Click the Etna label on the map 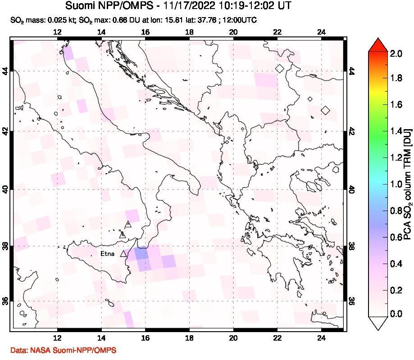[x=107, y=254]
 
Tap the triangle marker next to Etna [x=123, y=254]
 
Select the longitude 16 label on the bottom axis [x=145, y=338]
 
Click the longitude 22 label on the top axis [x=277, y=32]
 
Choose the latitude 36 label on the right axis [x=351, y=301]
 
